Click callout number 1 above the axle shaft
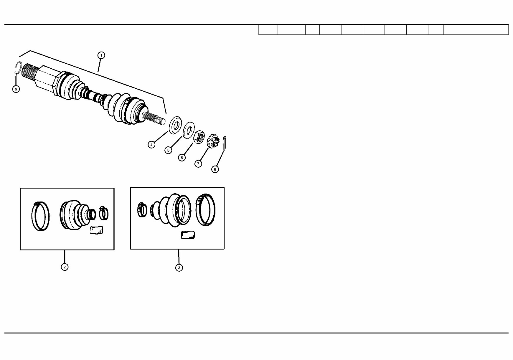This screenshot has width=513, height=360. [101, 55]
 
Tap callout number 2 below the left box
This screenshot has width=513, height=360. [65, 267]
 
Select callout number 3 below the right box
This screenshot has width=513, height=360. [179, 267]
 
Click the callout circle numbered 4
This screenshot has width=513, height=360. [151, 144]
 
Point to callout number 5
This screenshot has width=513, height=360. [168, 150]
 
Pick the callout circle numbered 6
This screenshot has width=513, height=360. [182, 158]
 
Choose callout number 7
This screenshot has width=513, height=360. [198, 164]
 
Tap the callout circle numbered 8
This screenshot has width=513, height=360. [215, 169]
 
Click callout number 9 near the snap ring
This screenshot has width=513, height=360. [16, 89]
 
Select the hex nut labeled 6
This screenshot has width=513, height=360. [199, 137]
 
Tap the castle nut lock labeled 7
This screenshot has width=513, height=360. [214, 141]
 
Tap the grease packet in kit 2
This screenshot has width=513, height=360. [97, 230]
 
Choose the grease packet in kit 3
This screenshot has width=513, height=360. [188, 235]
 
